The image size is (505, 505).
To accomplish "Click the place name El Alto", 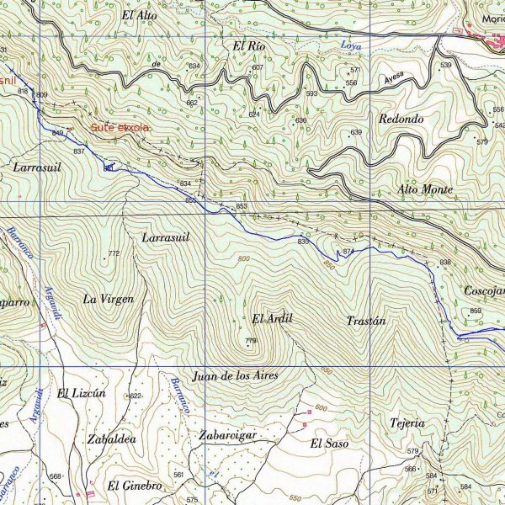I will point(139,14).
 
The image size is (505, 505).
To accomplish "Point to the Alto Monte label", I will point(425,189).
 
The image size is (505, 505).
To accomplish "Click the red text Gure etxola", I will point(120,127).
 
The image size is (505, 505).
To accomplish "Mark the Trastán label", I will point(366,321).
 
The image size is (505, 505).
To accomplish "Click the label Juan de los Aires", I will point(235,375).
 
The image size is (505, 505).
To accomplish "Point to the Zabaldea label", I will point(106,439).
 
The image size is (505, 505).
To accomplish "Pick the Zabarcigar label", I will point(227,435).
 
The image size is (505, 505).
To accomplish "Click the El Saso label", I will point(328,443).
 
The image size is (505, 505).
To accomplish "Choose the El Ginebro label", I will point(134,486).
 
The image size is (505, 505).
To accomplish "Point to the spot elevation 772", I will point(114,253).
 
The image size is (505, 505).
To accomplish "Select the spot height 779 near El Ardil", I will point(251,341).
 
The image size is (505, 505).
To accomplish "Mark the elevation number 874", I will point(348,251).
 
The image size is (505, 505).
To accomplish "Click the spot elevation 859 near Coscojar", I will point(476,311).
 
